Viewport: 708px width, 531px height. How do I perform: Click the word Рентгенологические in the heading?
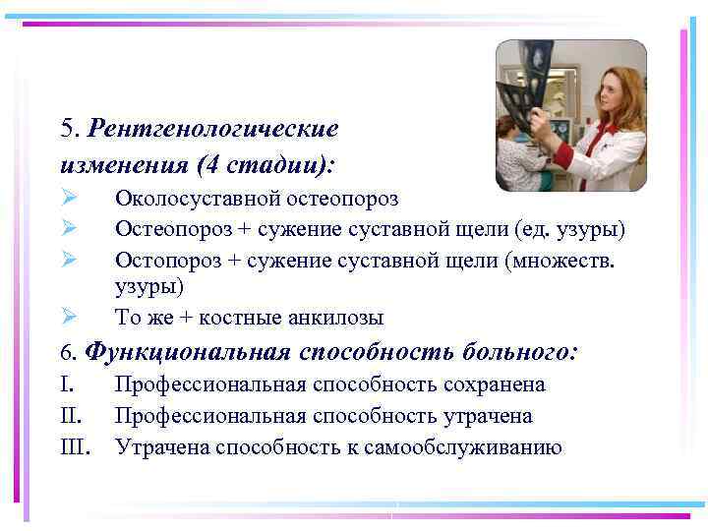coord(213,128)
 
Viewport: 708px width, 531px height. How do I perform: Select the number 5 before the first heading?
coord(66,128)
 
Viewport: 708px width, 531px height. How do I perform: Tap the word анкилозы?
coord(336,318)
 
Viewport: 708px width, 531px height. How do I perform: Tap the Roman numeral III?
coord(75,447)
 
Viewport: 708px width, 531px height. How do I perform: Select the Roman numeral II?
coord(71,416)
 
